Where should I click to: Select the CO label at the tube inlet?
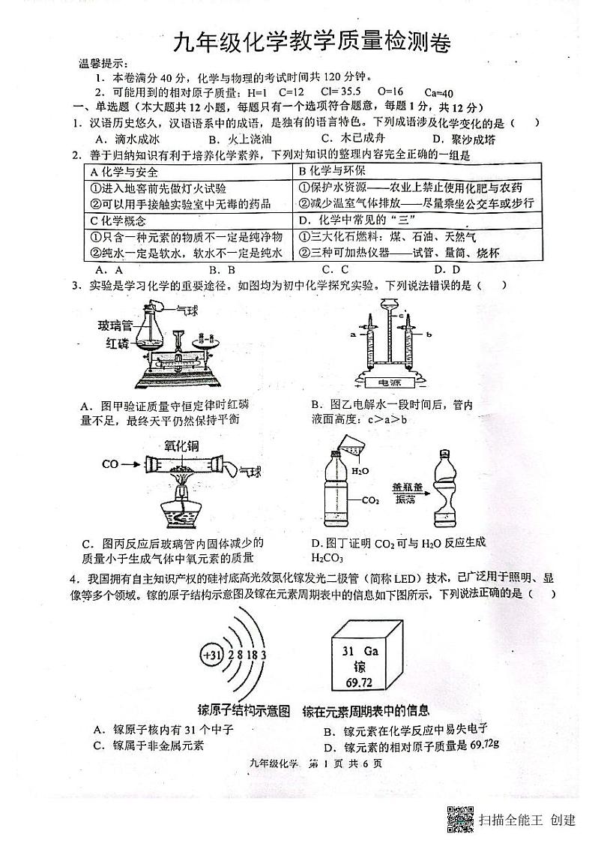pos(110,465)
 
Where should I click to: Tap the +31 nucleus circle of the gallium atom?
pos(212,655)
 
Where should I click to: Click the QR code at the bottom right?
pos(460,819)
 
